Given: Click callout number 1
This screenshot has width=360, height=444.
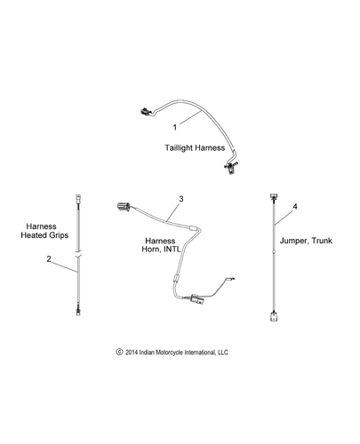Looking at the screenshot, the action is pos(175,127).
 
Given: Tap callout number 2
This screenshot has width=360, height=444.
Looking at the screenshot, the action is pos(49,259).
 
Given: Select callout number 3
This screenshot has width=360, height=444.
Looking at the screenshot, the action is pos(181,199).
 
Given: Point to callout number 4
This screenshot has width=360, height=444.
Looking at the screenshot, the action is pos(295,206).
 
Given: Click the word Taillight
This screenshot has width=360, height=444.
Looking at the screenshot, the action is pos(179,147).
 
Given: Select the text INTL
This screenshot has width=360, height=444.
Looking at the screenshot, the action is pos(172,249).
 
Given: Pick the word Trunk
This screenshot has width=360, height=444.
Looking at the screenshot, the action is pos(321,241).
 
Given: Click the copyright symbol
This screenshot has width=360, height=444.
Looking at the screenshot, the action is pos(119,352).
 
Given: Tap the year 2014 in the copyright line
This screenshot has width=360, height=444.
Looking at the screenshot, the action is pos(132,353).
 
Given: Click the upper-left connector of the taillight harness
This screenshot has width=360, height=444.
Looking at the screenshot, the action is pos(145,112).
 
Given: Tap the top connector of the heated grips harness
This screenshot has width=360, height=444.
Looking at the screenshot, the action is pos(77,197).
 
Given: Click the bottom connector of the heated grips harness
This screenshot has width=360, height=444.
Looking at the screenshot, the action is pos(78,311).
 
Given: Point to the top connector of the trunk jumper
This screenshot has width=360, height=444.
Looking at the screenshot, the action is pos(274,196).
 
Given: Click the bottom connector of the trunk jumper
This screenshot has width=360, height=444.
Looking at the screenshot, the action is pos(274,316).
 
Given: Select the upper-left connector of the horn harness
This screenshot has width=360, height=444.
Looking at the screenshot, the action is pos(123,206).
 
